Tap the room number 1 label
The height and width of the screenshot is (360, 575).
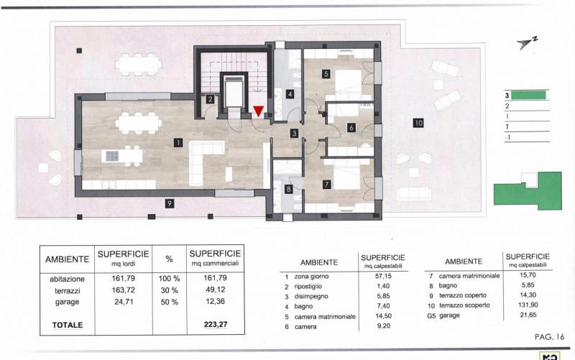coord(178,142)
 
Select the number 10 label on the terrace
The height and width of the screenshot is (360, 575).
coord(418,123)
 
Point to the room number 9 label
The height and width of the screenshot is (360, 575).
coord(169,203)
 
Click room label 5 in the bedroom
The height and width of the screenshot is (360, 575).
coord(326,74)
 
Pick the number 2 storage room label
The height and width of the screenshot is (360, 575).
coord(210,98)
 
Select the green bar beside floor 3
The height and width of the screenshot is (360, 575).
coord(528,96)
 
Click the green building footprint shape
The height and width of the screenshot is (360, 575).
coord(528,190)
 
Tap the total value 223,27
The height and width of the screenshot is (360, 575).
coord(216,325)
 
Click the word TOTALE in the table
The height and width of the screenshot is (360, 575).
coord(68,326)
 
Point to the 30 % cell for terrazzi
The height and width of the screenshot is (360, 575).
coord(170,290)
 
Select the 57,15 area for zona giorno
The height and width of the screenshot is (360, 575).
coord(383,276)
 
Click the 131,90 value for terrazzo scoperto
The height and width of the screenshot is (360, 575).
coord(528,305)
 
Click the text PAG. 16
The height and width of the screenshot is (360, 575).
coord(549,337)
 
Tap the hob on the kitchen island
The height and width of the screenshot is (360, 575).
coord(112,156)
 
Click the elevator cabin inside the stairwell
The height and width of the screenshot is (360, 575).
coord(235,92)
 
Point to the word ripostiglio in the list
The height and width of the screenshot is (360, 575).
coord(308,286)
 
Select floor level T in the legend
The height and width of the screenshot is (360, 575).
coord(507,127)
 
